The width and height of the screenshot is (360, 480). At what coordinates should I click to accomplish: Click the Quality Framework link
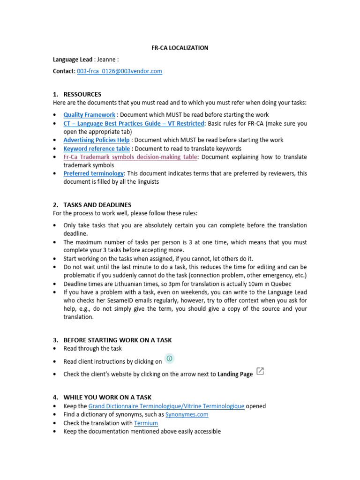click(89, 115)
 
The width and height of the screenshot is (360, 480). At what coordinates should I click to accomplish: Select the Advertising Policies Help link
click(97, 140)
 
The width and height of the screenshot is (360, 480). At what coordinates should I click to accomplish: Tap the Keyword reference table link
click(97, 149)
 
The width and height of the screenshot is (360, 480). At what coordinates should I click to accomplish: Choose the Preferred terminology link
click(94, 173)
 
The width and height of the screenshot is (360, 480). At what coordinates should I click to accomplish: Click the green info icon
click(170, 359)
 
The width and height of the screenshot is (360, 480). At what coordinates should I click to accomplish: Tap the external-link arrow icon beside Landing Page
click(260, 372)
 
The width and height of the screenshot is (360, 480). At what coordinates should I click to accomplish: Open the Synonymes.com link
click(187, 414)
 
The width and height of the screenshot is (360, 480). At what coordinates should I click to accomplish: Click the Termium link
click(146, 423)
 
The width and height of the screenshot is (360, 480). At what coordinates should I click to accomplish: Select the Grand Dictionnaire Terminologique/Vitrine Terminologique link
click(166, 406)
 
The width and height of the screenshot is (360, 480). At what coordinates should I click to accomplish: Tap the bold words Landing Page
click(235, 374)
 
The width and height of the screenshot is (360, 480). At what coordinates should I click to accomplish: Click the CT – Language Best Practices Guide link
click(134, 123)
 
